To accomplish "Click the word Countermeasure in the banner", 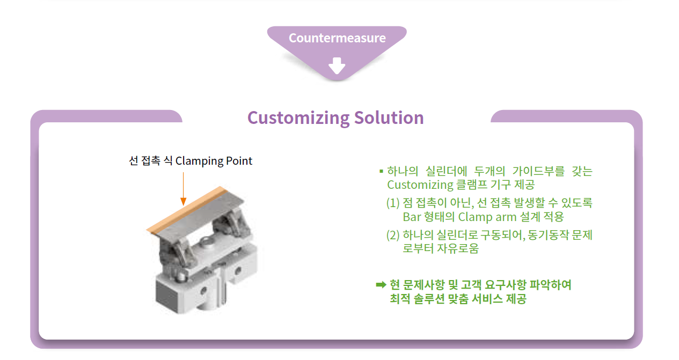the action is click(x=337, y=38).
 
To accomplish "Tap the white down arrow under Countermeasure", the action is click(x=337, y=65).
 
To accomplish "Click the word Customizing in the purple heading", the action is click(x=298, y=118).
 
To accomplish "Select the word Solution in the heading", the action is click(x=389, y=117).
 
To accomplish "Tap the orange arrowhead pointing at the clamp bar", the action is click(x=183, y=201).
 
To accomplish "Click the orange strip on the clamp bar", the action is click(x=186, y=210).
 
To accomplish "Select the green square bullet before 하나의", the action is click(x=381, y=171).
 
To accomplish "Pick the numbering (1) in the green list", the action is click(x=393, y=203).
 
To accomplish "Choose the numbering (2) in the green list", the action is click(x=393, y=235).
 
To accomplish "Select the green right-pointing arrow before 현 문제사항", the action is click(x=381, y=284).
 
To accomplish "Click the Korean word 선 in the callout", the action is click(x=134, y=160).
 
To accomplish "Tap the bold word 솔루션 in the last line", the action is click(x=429, y=299).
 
